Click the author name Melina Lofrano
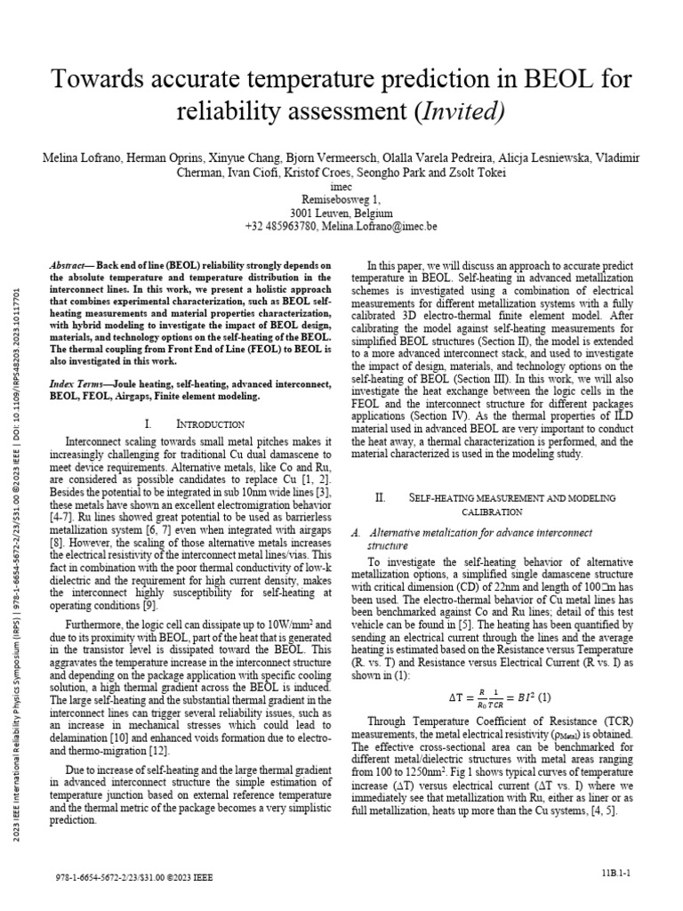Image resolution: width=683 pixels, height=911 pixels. [80, 157]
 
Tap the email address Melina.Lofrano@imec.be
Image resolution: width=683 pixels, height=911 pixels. [389, 227]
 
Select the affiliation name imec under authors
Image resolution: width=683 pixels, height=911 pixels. [341, 187]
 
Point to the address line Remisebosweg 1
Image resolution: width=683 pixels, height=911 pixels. [341, 200]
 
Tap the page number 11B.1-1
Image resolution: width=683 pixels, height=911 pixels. [615, 875]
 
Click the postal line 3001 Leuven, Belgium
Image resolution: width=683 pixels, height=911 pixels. [341, 214]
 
